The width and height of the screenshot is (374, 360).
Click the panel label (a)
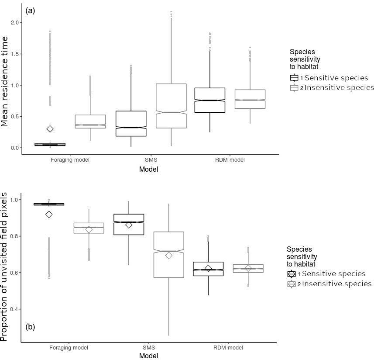[31, 11]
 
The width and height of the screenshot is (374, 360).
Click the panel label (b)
[31, 326]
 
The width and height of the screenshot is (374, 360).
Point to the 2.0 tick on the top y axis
[15, 22]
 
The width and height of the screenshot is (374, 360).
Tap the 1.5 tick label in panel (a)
[15, 54]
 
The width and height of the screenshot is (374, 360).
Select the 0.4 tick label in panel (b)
[15, 309]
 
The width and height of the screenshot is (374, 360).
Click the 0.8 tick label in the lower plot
[15, 236]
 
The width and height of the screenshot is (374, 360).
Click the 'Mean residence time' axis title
[5, 82]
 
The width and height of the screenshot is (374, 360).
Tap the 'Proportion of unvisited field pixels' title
[5, 267]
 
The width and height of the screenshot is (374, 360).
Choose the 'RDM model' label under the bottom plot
[229, 348]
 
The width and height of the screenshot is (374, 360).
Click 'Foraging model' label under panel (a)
[70, 160]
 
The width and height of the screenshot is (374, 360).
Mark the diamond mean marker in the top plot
[50, 129]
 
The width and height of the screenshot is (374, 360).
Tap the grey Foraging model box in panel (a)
[90, 121]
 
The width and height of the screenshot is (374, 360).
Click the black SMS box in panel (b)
[129, 225]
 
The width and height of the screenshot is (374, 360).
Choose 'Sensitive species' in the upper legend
[335, 78]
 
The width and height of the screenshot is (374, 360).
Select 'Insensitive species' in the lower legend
[336, 284]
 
